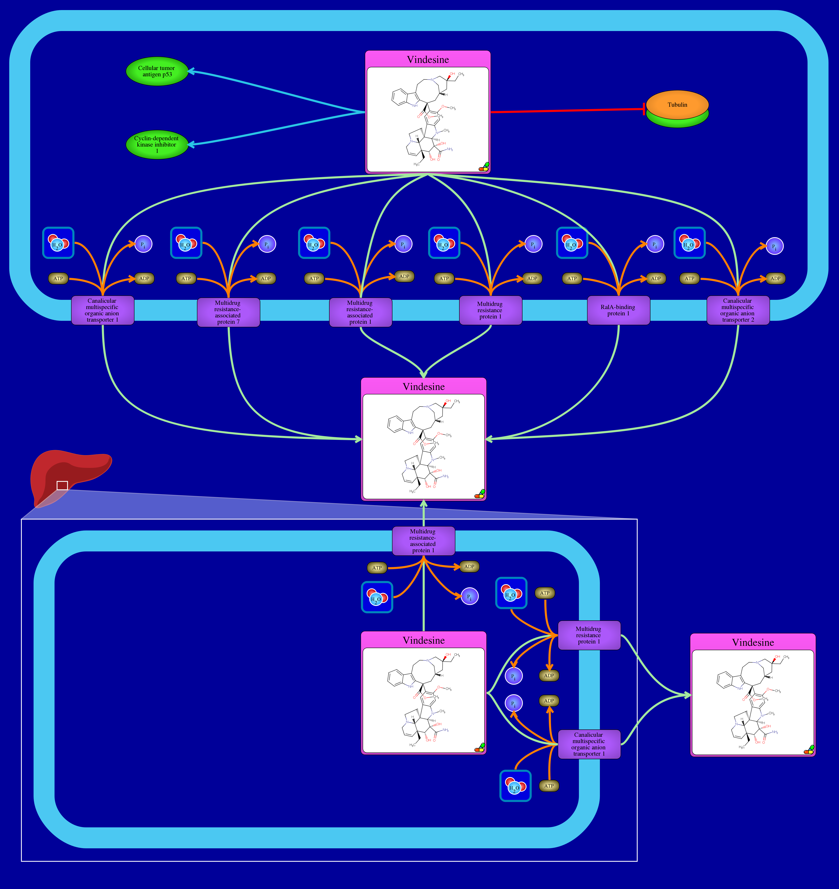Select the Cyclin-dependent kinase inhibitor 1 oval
[x=157, y=144]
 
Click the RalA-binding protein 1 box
[x=618, y=310]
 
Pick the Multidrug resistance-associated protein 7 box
[x=228, y=312]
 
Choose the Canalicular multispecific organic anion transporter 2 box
[x=737, y=310]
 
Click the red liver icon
[x=67, y=474]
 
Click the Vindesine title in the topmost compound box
[x=428, y=60]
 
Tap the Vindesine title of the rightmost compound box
[x=753, y=643]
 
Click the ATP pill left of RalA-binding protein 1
[x=572, y=279]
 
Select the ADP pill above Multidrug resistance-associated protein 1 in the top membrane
[x=404, y=276]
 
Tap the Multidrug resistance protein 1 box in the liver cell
[x=588, y=635]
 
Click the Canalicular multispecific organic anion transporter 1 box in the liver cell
[x=588, y=744]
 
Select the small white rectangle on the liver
[x=62, y=486]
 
